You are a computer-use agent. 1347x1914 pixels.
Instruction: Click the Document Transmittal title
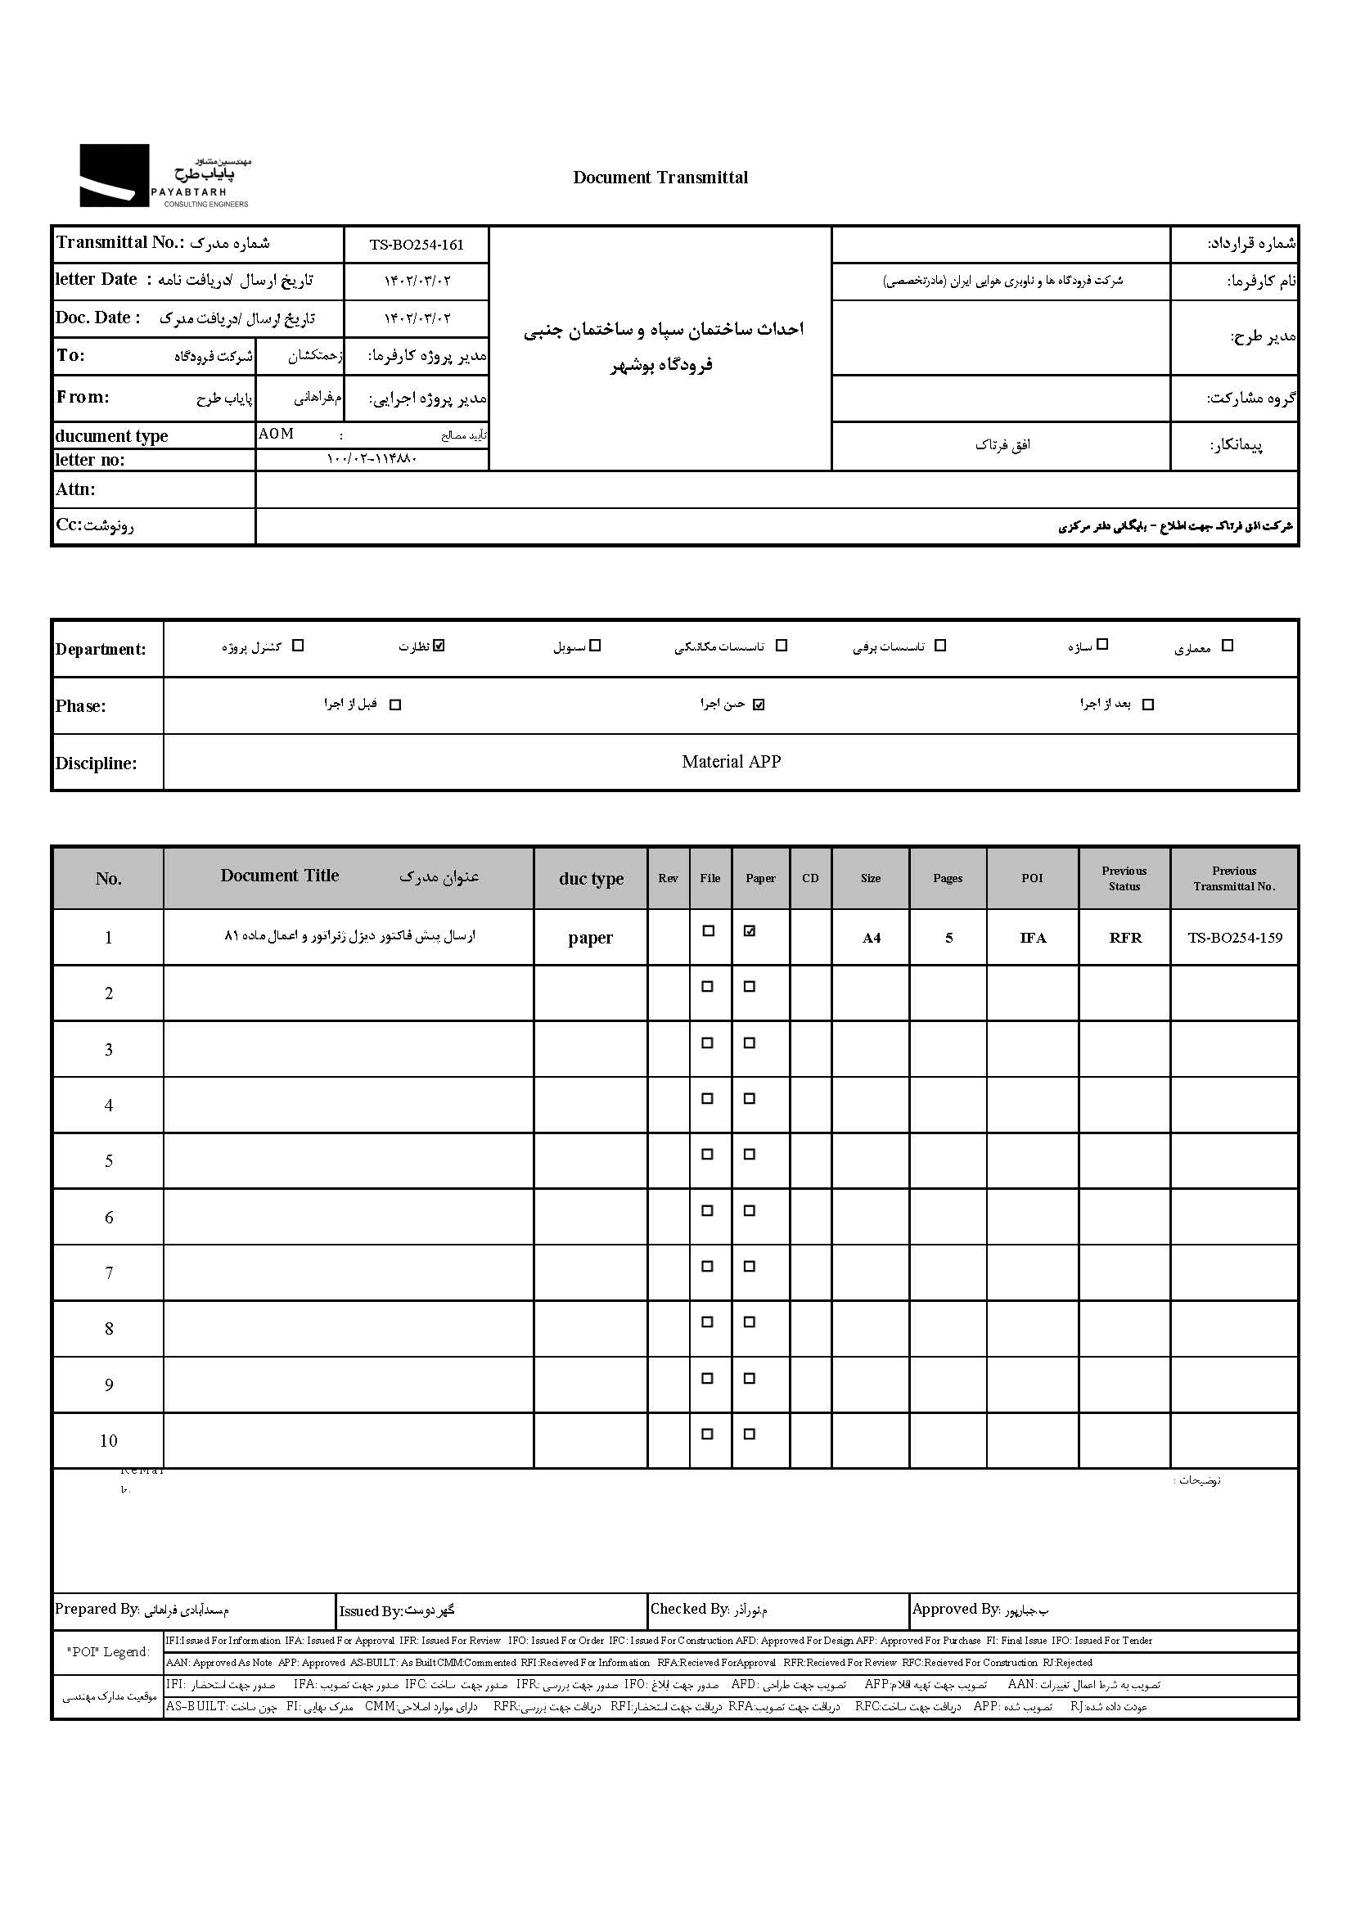(x=660, y=178)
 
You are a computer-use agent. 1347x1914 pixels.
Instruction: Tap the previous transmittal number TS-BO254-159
(x=1234, y=938)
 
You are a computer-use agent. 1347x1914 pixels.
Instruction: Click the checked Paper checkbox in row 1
(x=750, y=931)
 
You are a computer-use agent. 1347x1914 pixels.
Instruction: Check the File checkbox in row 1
(x=709, y=931)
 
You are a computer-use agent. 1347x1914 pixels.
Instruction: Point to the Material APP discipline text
(x=731, y=762)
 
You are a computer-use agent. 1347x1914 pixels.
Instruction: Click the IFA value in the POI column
(x=1033, y=938)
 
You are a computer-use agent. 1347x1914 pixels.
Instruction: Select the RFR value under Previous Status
(x=1124, y=938)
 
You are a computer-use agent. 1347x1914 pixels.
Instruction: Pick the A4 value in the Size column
(x=871, y=939)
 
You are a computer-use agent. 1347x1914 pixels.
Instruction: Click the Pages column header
(x=948, y=879)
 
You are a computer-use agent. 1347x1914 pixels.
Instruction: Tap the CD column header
(x=810, y=879)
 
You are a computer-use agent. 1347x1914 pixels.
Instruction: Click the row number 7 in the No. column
(x=108, y=1273)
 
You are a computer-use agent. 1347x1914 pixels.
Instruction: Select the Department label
(x=100, y=650)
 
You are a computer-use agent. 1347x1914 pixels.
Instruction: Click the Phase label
(x=81, y=706)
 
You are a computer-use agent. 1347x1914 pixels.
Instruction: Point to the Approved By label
(x=955, y=1609)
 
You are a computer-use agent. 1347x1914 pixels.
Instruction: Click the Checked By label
(x=689, y=1609)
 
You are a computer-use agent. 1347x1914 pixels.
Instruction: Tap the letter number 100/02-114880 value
(x=372, y=459)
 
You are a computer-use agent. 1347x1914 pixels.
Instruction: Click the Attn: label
(x=75, y=489)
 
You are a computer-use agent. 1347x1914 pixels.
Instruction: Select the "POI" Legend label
(x=108, y=1652)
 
